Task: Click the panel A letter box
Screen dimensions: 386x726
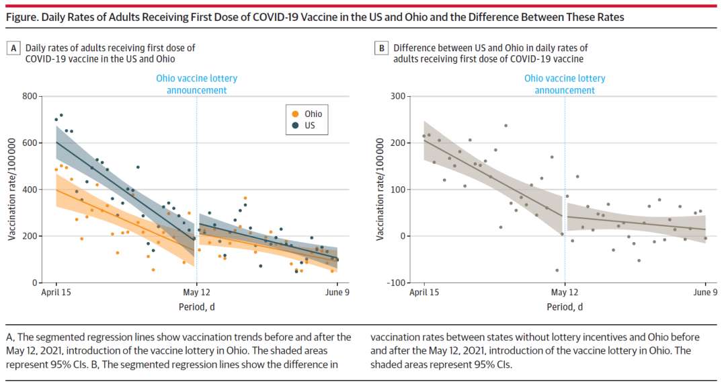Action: tap(13, 48)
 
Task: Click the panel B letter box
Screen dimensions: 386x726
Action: tap(381, 48)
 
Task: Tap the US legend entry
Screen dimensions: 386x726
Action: tap(308, 125)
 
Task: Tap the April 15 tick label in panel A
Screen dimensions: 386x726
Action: tap(56, 293)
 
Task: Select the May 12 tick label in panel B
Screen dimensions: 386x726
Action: tap(565, 293)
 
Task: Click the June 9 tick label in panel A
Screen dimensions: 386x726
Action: tap(337, 293)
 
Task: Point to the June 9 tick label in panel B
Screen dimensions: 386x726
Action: tap(705, 293)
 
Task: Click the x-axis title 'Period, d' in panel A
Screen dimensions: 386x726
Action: tap(196, 307)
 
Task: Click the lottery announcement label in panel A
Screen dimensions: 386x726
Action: tap(196, 84)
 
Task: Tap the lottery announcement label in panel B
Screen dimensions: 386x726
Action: tap(565, 84)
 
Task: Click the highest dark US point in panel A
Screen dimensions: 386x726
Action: tap(61, 115)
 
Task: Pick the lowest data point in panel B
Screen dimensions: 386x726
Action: tap(557, 270)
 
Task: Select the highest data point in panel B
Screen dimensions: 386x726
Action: tap(506, 126)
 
